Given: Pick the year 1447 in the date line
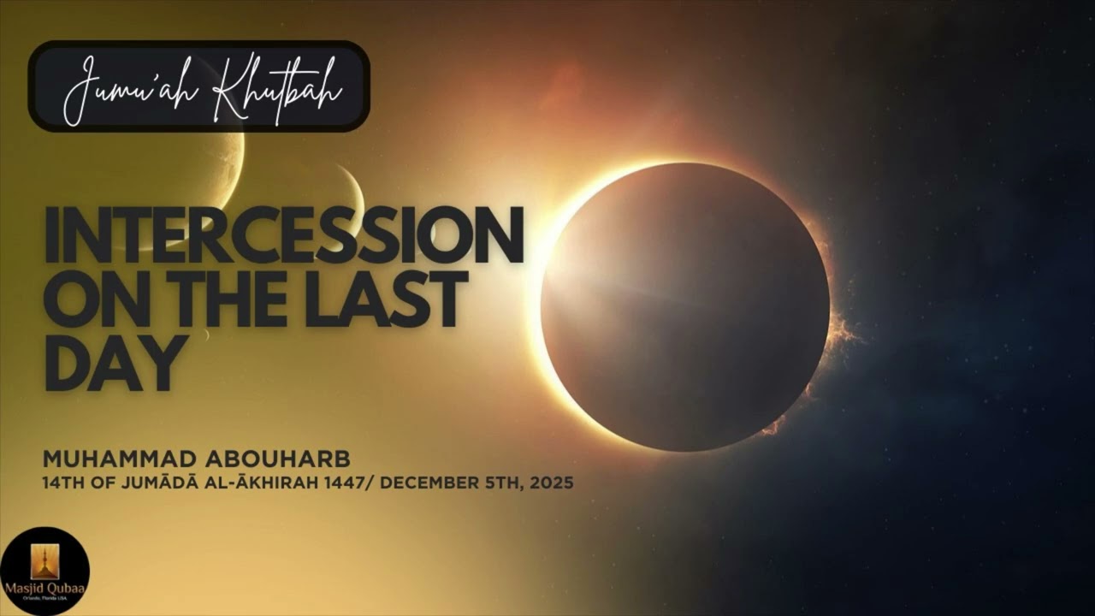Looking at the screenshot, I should [x=351, y=483].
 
